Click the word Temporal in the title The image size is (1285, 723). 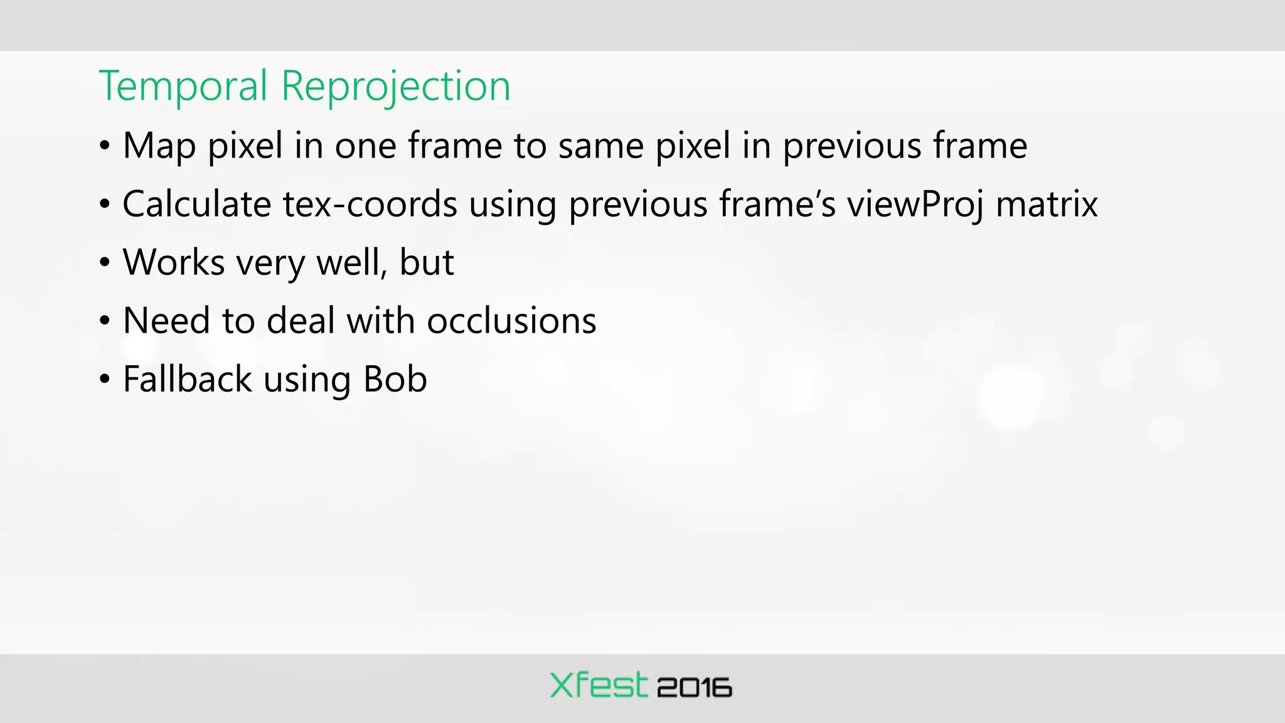183,86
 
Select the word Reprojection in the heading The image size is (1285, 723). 395,86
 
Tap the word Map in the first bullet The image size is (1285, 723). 159,146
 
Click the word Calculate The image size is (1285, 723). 196,204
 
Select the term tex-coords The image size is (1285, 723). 370,204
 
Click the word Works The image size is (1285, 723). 174,262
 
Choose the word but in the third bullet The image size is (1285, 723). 427,262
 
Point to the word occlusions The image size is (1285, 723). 511,321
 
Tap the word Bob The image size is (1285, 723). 395,379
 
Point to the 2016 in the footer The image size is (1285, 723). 695,688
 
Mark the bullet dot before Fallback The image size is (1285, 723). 105,379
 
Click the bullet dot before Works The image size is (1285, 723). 105,262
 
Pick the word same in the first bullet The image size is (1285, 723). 600,146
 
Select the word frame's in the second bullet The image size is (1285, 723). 777,204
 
